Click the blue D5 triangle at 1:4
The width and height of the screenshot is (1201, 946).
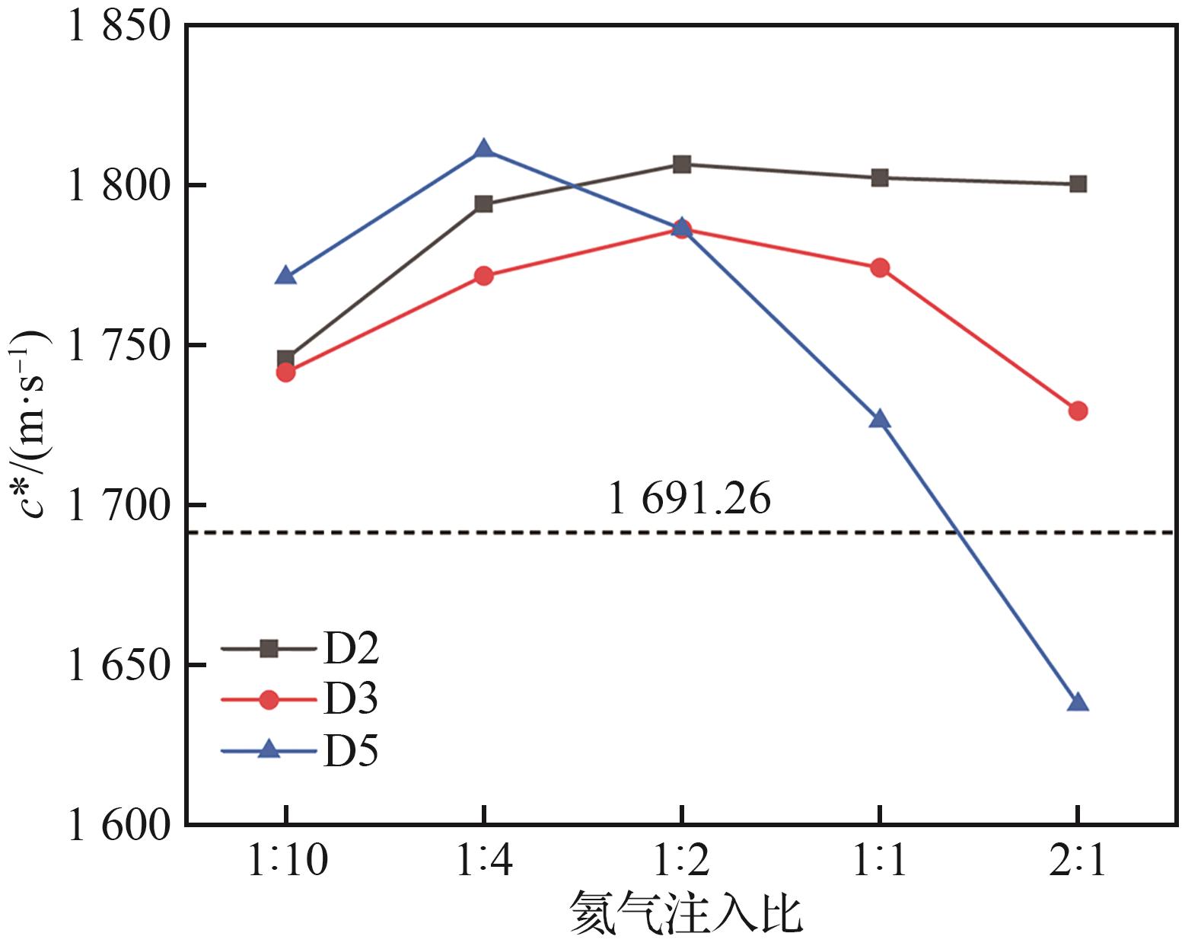pos(483,149)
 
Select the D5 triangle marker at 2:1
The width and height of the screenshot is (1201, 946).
pos(1078,702)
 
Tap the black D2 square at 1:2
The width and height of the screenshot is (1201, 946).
pos(682,164)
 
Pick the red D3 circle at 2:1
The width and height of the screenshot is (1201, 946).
pos(1078,411)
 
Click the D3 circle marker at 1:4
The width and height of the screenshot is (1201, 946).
pos(483,276)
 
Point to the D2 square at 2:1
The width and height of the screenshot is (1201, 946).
pos(1078,184)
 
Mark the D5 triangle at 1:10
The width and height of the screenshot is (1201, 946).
pos(285,276)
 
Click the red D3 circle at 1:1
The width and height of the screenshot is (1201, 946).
pos(880,267)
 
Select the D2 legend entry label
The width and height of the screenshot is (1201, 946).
pos(351,649)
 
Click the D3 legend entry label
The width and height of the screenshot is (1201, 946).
pos(351,699)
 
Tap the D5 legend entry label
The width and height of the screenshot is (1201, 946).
pos(351,751)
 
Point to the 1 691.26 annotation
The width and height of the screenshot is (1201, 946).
pos(689,499)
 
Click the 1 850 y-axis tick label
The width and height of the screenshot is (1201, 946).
pos(119,27)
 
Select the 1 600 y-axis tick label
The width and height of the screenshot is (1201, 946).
pos(119,825)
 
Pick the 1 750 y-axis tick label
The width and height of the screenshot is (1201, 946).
pos(119,347)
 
